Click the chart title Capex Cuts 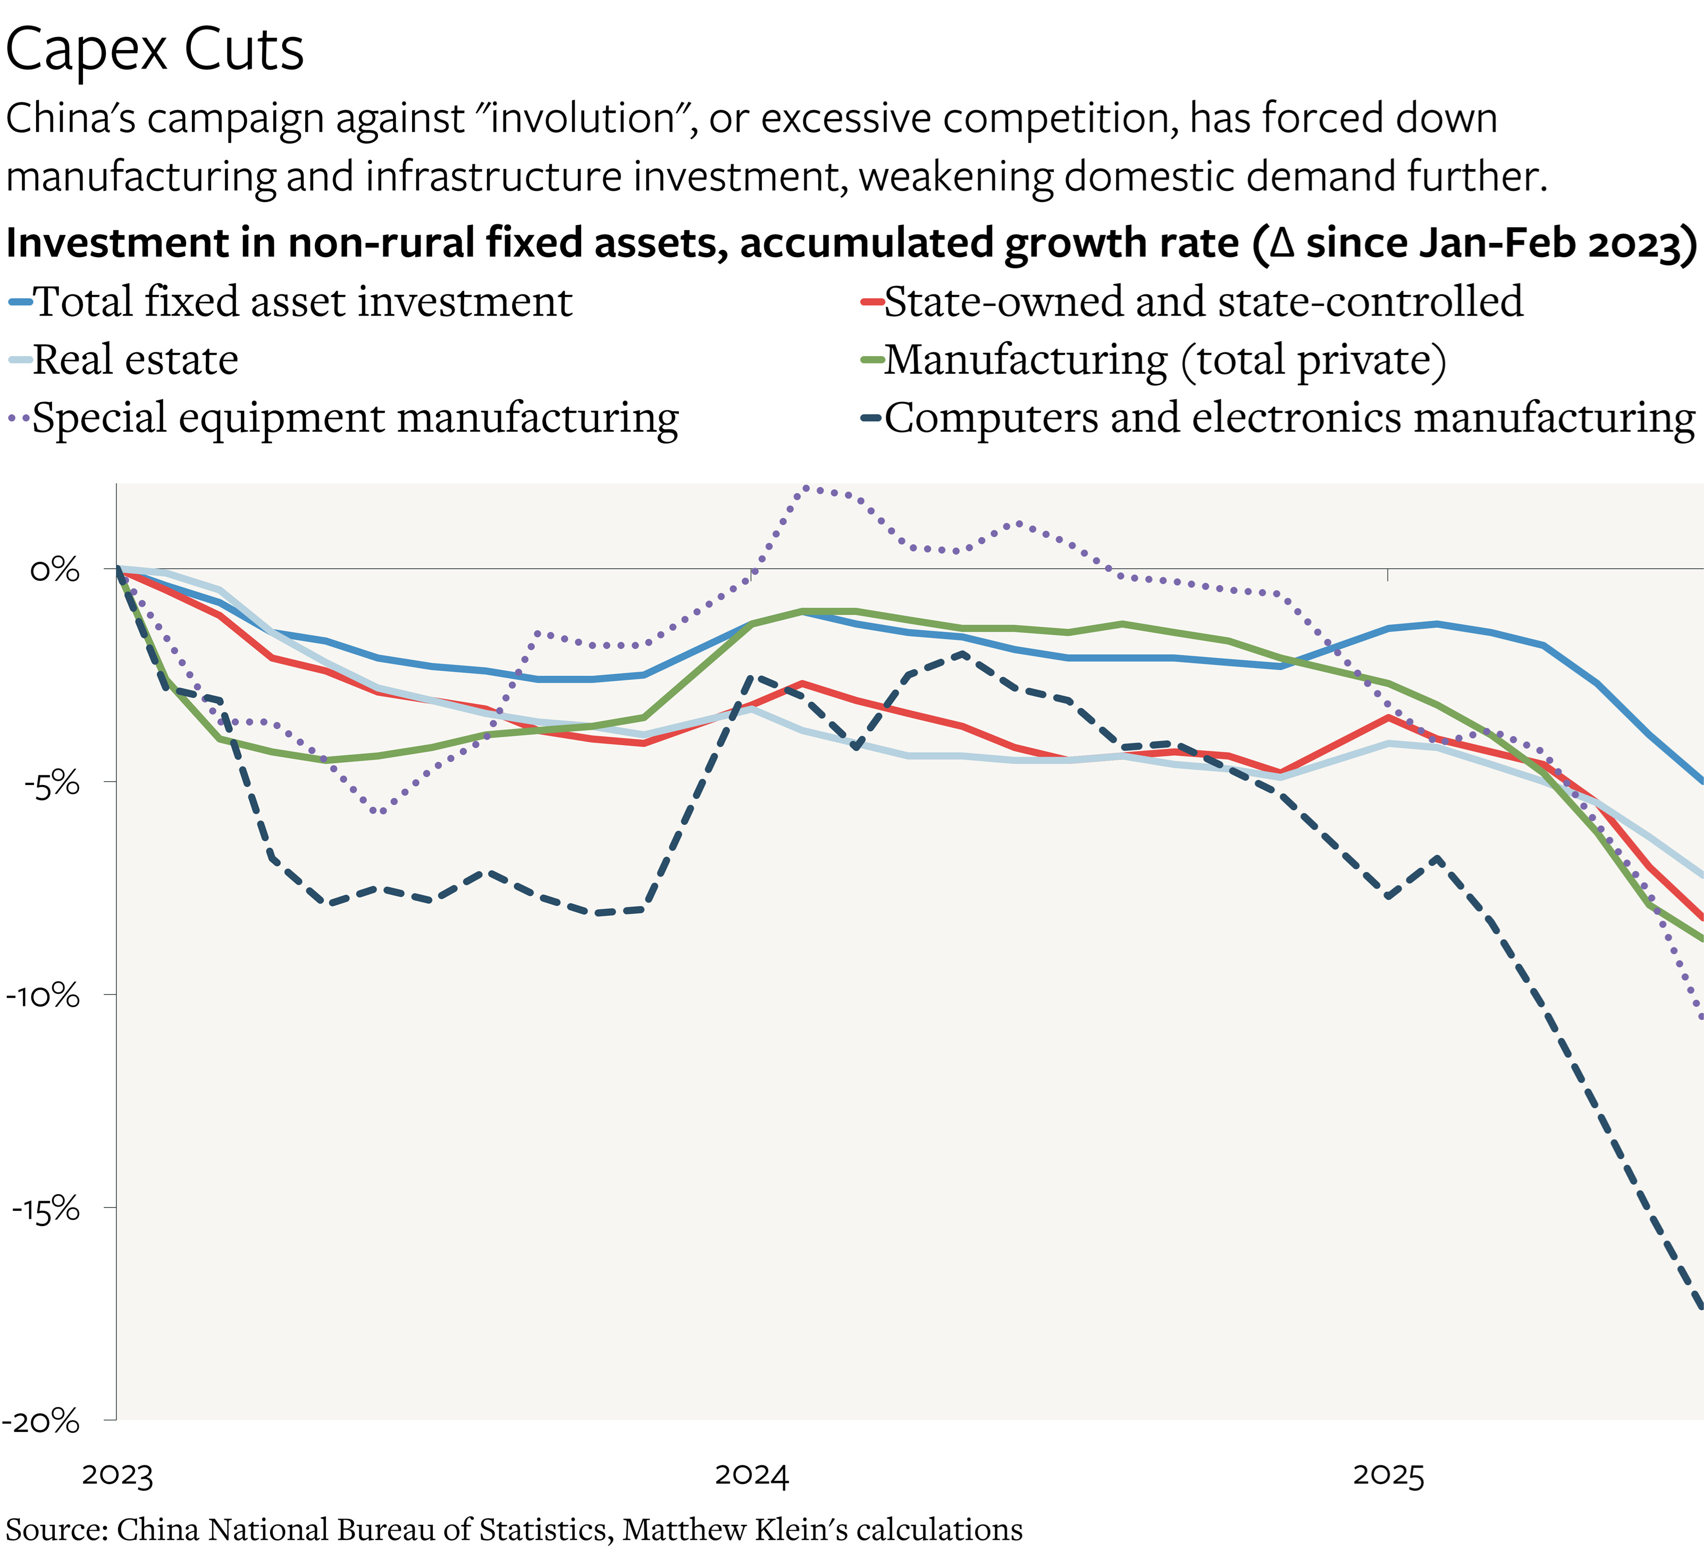[x=155, y=49]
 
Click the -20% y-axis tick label [x=41, y=1422]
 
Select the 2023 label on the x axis [x=117, y=1475]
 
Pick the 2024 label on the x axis [x=751, y=1475]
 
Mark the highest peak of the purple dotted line [x=807, y=487]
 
